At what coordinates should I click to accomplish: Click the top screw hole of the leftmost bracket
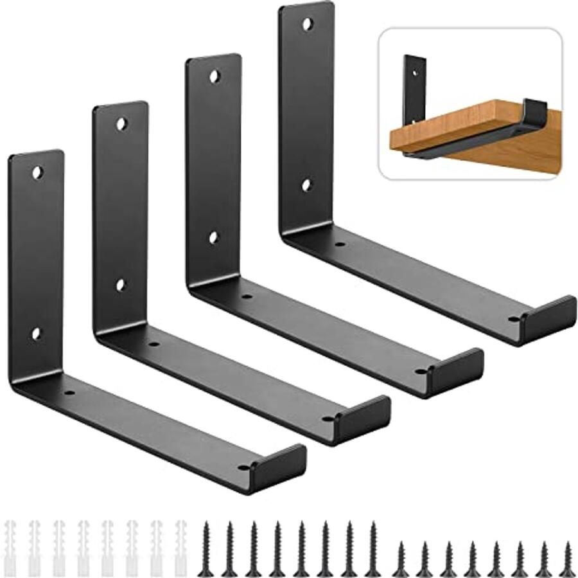coord(37,172)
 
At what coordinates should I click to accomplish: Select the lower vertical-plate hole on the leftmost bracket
coord(36,334)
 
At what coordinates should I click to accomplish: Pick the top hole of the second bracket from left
coord(121,122)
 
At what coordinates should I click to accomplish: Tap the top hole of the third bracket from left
coord(214,77)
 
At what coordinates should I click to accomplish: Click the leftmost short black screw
coord(400,558)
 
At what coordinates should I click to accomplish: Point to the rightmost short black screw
coord(567,558)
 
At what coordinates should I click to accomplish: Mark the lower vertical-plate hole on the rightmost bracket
coord(306,185)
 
